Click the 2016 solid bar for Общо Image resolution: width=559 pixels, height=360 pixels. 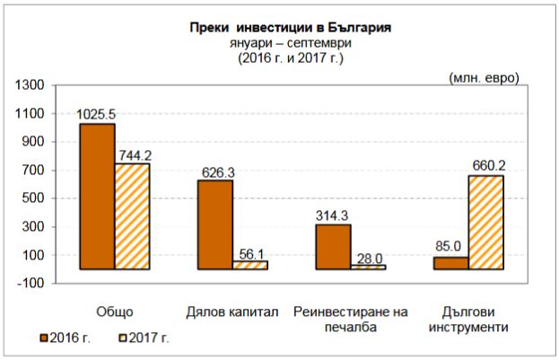pos(97,197)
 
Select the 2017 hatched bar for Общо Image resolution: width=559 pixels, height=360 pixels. pos(132,216)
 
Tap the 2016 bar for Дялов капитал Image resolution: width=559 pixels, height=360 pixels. pos(214,224)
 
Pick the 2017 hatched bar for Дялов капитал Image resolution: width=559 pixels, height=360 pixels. pos(249,265)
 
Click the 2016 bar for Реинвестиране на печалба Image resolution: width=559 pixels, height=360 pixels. pos(333,247)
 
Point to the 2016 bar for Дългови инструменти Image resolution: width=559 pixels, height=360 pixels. pos(450,263)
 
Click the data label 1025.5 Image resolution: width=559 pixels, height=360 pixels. pos(96,115)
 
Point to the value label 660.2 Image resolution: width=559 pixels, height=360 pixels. pos(485,165)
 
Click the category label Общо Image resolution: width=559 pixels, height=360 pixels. pos(114,312)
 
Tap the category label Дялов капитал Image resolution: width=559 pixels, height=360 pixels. pos(232,312)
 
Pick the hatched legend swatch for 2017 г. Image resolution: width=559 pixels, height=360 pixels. pos(123,338)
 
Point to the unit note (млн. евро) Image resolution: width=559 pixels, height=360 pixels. pos(484,77)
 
